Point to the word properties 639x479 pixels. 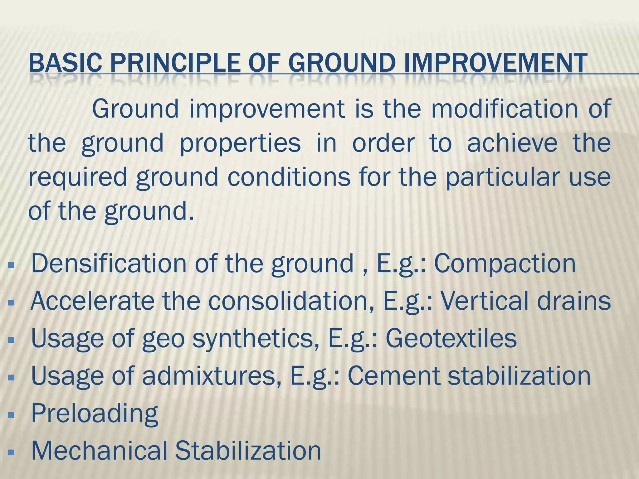pos(240,143)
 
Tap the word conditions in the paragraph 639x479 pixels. pos(289,177)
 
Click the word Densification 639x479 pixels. pos(109,264)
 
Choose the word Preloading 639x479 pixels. pos(95,414)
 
